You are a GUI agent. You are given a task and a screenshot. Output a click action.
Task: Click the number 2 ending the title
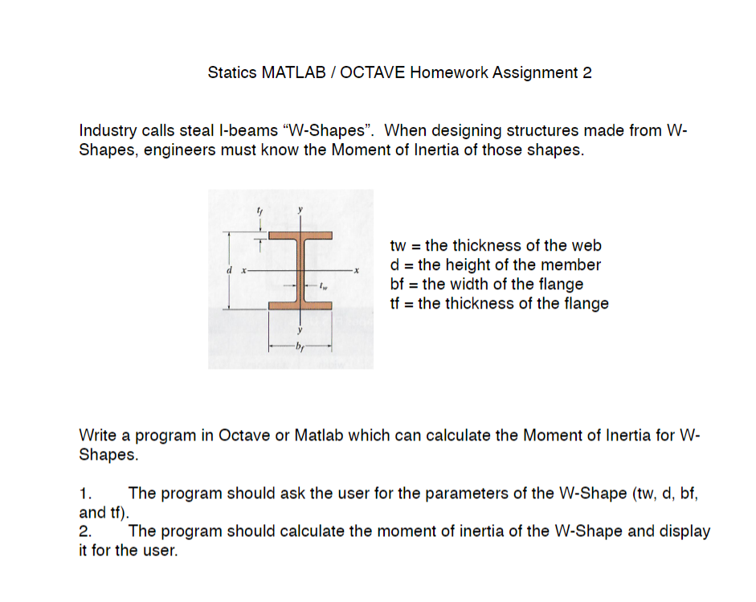(x=587, y=73)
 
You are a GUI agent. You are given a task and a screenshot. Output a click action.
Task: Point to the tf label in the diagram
(x=259, y=211)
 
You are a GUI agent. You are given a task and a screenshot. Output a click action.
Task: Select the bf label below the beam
(x=300, y=347)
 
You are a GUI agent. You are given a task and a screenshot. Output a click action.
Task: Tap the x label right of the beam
(x=353, y=272)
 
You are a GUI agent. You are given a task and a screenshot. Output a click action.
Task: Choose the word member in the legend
(x=574, y=265)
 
